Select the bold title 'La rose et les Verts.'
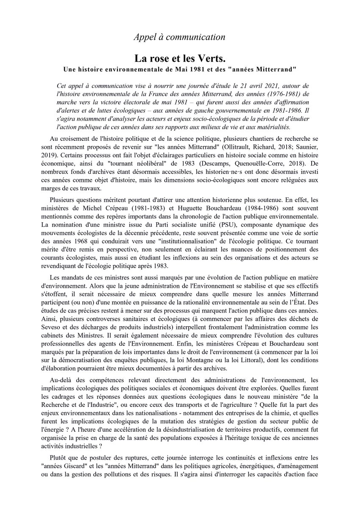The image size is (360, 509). [x=180, y=58]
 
